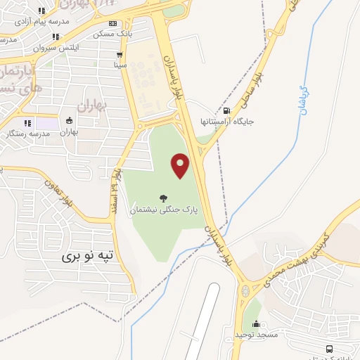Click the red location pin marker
pyautogui.click(x=181, y=165)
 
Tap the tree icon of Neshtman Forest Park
pyautogui.click(x=164, y=198)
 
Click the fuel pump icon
pyautogui.click(x=226, y=110)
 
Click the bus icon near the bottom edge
pyautogui.click(x=329, y=349)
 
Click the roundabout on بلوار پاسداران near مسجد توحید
pyautogui.click(x=245, y=288)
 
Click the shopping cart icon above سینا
pyautogui.click(x=120, y=54)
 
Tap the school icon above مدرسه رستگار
pyautogui.click(x=28, y=123)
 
